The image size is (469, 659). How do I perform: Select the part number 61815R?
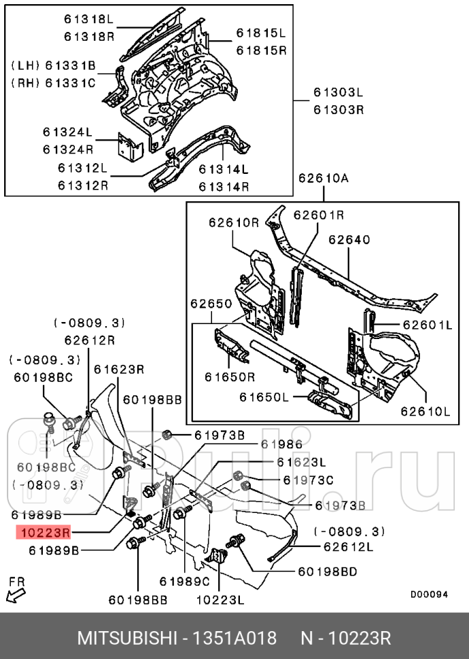pyautogui.click(x=261, y=50)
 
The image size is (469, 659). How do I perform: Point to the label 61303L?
pyautogui.click(x=338, y=92)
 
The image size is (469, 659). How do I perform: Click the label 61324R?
pyautogui.click(x=66, y=149)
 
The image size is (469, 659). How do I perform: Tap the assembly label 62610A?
pyautogui.click(x=323, y=179)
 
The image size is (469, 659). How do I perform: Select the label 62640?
pyautogui.click(x=349, y=240)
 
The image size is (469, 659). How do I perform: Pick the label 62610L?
pyautogui.click(x=425, y=410)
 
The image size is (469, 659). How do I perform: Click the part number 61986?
pyautogui.click(x=280, y=444)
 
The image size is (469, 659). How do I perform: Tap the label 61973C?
pyautogui.click(x=309, y=480)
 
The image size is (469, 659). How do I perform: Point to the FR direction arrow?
pyautogui.click(x=16, y=593)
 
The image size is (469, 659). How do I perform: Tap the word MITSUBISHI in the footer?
pyautogui.click(x=126, y=638)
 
